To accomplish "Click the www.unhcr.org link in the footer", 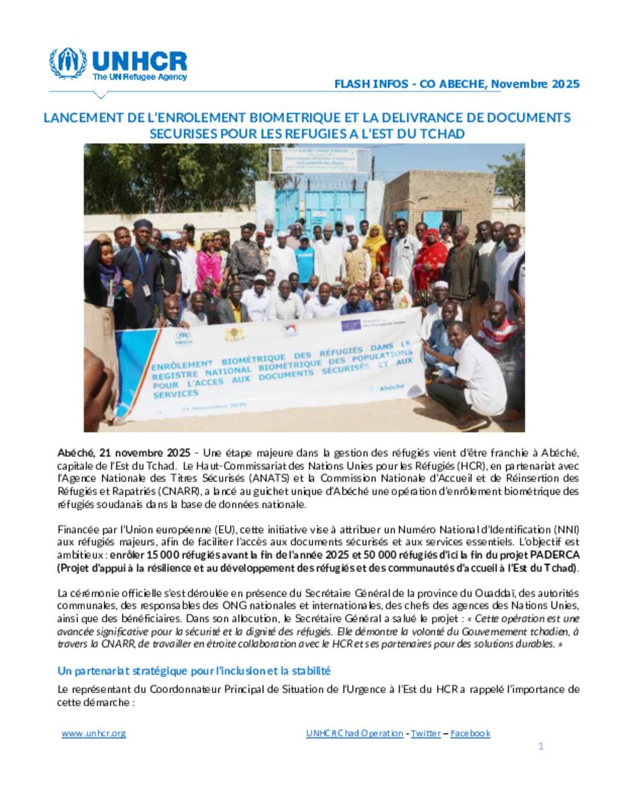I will (x=94, y=733).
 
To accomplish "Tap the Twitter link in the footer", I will (x=425, y=733).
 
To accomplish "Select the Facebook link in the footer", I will (x=470, y=733).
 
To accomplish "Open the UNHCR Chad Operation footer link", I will (x=354, y=733).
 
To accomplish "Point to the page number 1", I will (x=541, y=746).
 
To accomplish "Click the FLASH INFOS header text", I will (x=371, y=84).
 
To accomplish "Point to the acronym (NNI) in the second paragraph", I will (x=567, y=530).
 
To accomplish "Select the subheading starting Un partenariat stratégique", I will (x=194, y=671).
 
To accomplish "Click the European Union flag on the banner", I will (x=351, y=325).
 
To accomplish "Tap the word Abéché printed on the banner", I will (x=392, y=387).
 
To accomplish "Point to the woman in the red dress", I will (x=430, y=257).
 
